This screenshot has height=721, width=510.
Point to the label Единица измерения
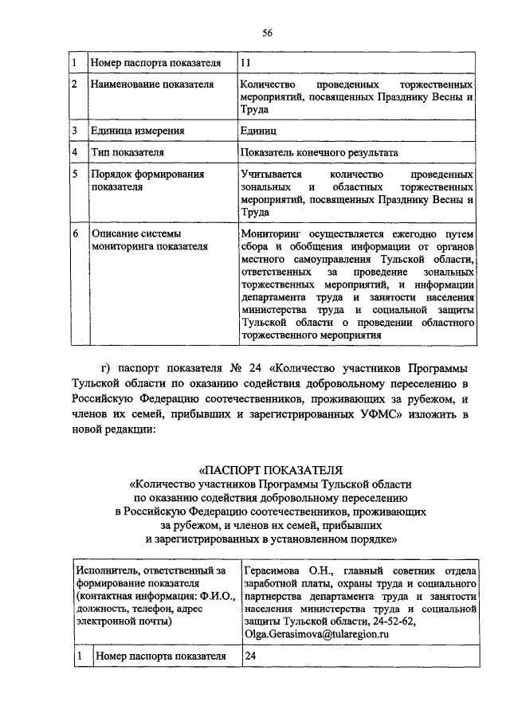(138, 131)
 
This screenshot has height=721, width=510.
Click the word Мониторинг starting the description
(275, 234)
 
